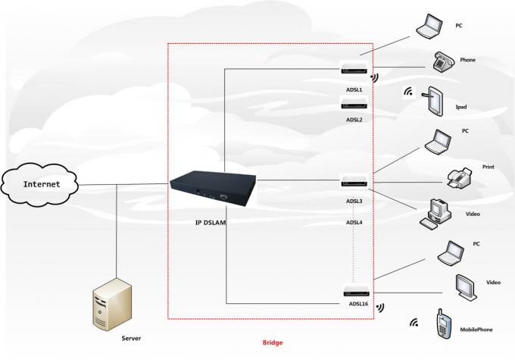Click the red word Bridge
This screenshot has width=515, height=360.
click(273, 343)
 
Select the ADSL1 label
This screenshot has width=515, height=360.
click(354, 89)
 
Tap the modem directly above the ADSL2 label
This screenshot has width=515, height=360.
click(354, 105)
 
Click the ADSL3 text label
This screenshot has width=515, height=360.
click(354, 201)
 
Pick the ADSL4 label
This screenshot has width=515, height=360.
click(354, 222)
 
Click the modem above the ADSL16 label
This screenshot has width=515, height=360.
click(354, 290)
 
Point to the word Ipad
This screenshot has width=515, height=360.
click(460, 107)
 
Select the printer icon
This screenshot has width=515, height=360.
click(460, 178)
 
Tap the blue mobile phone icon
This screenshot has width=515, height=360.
click(443, 324)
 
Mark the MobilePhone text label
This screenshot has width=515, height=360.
click(477, 330)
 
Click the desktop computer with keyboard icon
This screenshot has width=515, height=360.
click(436, 214)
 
